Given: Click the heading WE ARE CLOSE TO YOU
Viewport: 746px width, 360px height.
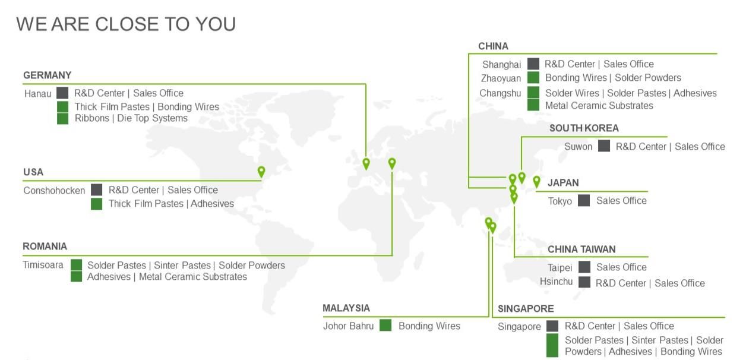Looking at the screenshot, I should (126, 24).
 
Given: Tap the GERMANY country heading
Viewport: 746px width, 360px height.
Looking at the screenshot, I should (47, 75).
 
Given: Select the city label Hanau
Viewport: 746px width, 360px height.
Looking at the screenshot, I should (37, 94).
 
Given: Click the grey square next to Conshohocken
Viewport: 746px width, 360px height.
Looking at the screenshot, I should (96, 190).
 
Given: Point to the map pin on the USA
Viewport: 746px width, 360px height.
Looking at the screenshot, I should (261, 172).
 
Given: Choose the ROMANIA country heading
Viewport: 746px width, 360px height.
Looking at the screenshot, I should (45, 247).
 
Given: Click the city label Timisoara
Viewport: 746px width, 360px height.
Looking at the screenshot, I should (43, 265).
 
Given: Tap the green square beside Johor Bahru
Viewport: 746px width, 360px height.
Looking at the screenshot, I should (385, 326).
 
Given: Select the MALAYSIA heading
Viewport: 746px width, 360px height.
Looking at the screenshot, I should (346, 308).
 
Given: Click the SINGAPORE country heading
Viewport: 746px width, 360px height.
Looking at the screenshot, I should (526, 309).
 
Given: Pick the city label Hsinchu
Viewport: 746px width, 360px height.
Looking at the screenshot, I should (556, 282).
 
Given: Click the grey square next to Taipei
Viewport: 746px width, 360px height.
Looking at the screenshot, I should (584, 267).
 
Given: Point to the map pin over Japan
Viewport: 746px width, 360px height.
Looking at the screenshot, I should (536, 181).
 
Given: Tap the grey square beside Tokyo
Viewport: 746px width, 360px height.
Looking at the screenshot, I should (584, 201).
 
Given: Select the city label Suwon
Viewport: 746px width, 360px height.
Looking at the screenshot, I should (578, 147).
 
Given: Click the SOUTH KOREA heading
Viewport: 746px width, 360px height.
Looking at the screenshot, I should (584, 128).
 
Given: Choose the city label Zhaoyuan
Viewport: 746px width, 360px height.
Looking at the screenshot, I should (501, 78).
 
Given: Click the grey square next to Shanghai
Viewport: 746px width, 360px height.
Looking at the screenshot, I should (533, 64).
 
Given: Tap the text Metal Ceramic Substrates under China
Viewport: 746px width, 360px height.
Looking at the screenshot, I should (599, 106).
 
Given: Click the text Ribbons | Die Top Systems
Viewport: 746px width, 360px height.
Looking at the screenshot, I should (131, 118).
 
